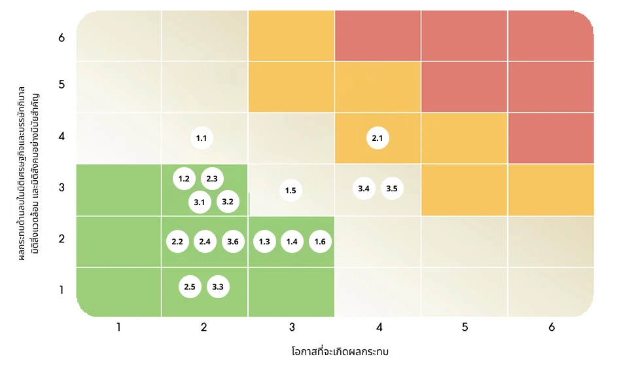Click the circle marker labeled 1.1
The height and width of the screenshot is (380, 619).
coord(202,138)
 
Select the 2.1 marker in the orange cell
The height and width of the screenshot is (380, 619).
coord(377,138)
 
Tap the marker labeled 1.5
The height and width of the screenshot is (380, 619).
coord(291,191)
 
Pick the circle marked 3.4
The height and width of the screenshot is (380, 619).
coord(364,189)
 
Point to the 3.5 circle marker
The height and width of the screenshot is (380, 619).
coord(392,189)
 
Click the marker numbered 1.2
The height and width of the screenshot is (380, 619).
coord(184,179)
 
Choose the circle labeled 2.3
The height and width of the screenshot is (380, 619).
coord(212,179)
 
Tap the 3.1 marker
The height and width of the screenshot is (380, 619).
coord(200,202)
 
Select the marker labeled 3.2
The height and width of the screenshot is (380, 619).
coord(228,201)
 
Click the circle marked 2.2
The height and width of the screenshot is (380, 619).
coord(177,242)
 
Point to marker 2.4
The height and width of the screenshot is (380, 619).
coord(205,242)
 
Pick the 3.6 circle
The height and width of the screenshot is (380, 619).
coord(233,242)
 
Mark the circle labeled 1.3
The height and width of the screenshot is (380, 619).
coord(264,242)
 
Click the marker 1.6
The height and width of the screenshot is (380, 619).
coord(320,242)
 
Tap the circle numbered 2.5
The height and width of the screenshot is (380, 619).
coord(190,286)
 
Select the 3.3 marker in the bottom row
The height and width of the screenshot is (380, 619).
coord(218,286)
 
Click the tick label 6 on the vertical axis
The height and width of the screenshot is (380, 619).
coord(62,37)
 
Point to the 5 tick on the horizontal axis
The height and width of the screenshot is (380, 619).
coord(465,327)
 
